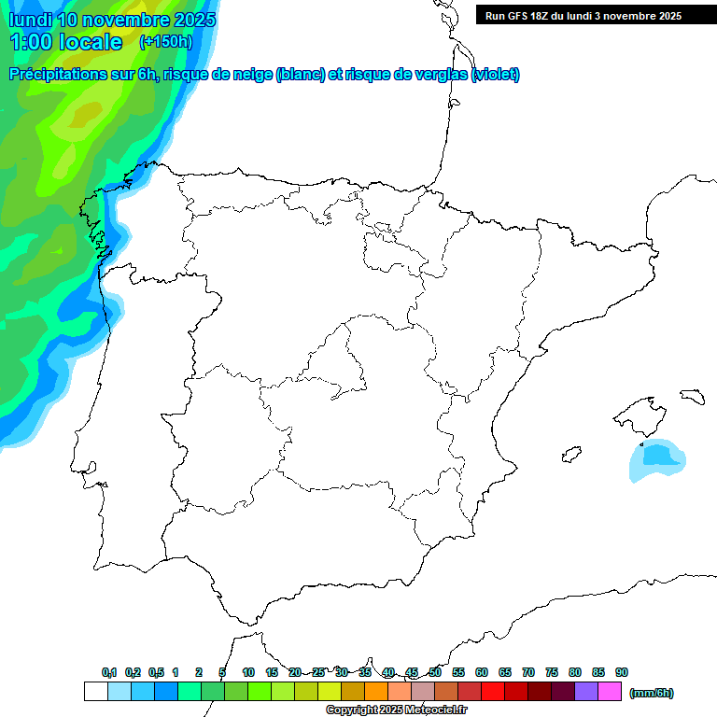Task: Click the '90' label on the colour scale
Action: coord(622,672)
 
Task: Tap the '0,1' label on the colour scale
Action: coord(109,672)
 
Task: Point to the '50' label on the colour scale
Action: coord(435,672)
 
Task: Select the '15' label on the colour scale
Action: coord(272,672)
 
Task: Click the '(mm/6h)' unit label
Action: coord(652,693)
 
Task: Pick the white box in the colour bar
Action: coord(95,692)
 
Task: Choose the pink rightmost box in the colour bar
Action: coord(610,692)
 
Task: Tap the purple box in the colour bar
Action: coord(586,692)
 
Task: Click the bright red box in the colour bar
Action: coord(493,692)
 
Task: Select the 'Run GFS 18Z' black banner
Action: coord(596,16)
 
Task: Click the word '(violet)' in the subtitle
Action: coord(496,75)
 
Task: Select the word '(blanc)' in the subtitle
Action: coord(299,75)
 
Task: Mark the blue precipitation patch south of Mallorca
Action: coord(658,457)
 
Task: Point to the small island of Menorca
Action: coord(691,396)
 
